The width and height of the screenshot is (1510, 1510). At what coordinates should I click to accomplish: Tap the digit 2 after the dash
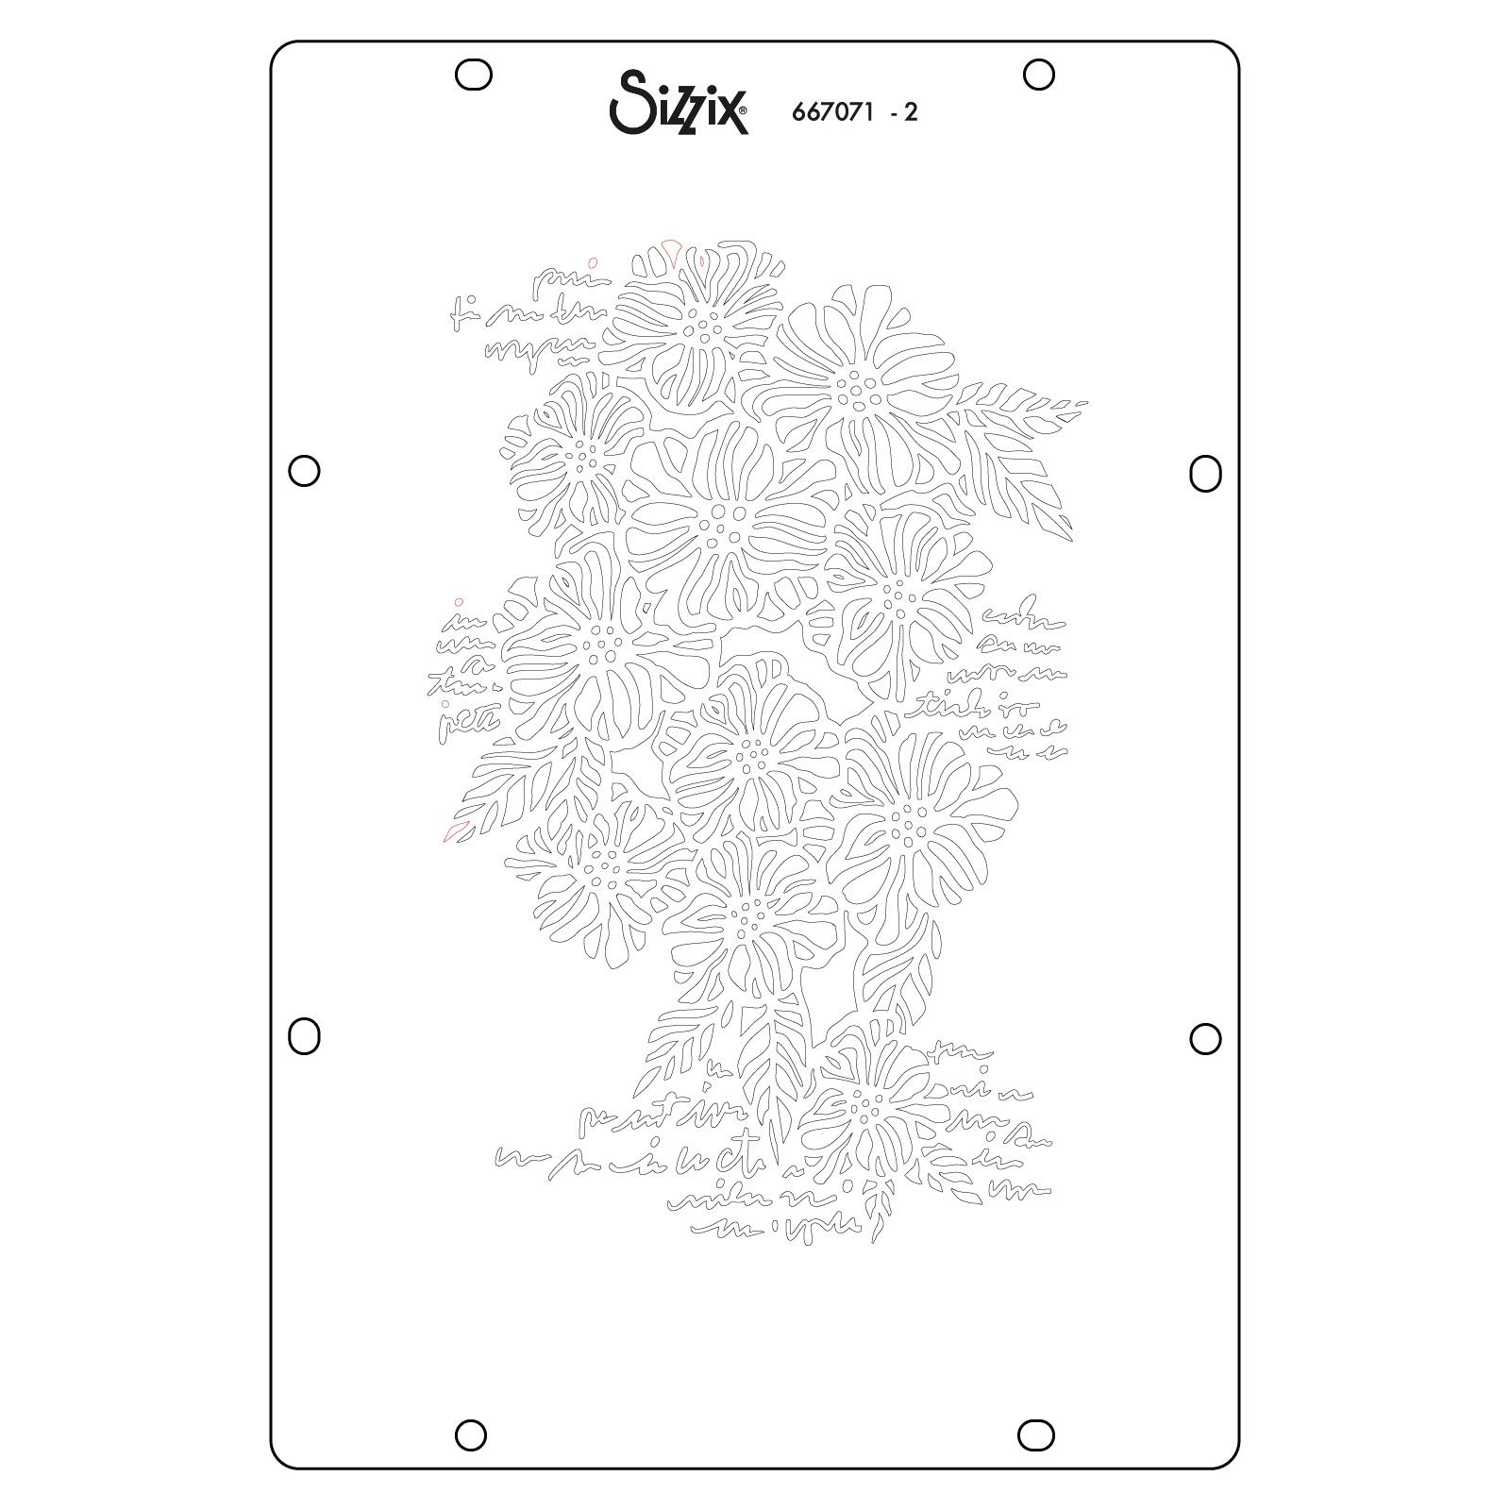coord(911,112)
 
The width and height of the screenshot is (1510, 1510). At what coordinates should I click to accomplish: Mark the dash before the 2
coord(893,114)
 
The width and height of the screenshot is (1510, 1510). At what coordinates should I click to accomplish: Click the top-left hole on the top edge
coord(473,75)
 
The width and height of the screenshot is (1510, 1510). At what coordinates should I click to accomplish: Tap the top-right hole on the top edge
coord(1038,75)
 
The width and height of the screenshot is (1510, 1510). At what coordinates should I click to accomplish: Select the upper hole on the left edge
coord(304,470)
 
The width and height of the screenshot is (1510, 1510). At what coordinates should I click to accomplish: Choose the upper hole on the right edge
coord(1205,473)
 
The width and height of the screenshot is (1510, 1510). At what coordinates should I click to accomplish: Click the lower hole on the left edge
coord(303,1036)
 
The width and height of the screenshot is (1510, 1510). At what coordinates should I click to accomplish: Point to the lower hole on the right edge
coord(1205,1038)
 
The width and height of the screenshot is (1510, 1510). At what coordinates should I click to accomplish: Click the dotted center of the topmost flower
coord(700,323)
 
